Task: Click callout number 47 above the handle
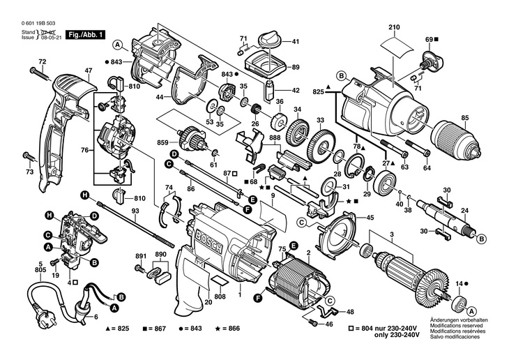[89, 71]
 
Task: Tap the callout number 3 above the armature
[392, 233]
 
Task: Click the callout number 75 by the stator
[282, 248]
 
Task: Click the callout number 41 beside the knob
[295, 42]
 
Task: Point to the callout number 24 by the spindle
[464, 211]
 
